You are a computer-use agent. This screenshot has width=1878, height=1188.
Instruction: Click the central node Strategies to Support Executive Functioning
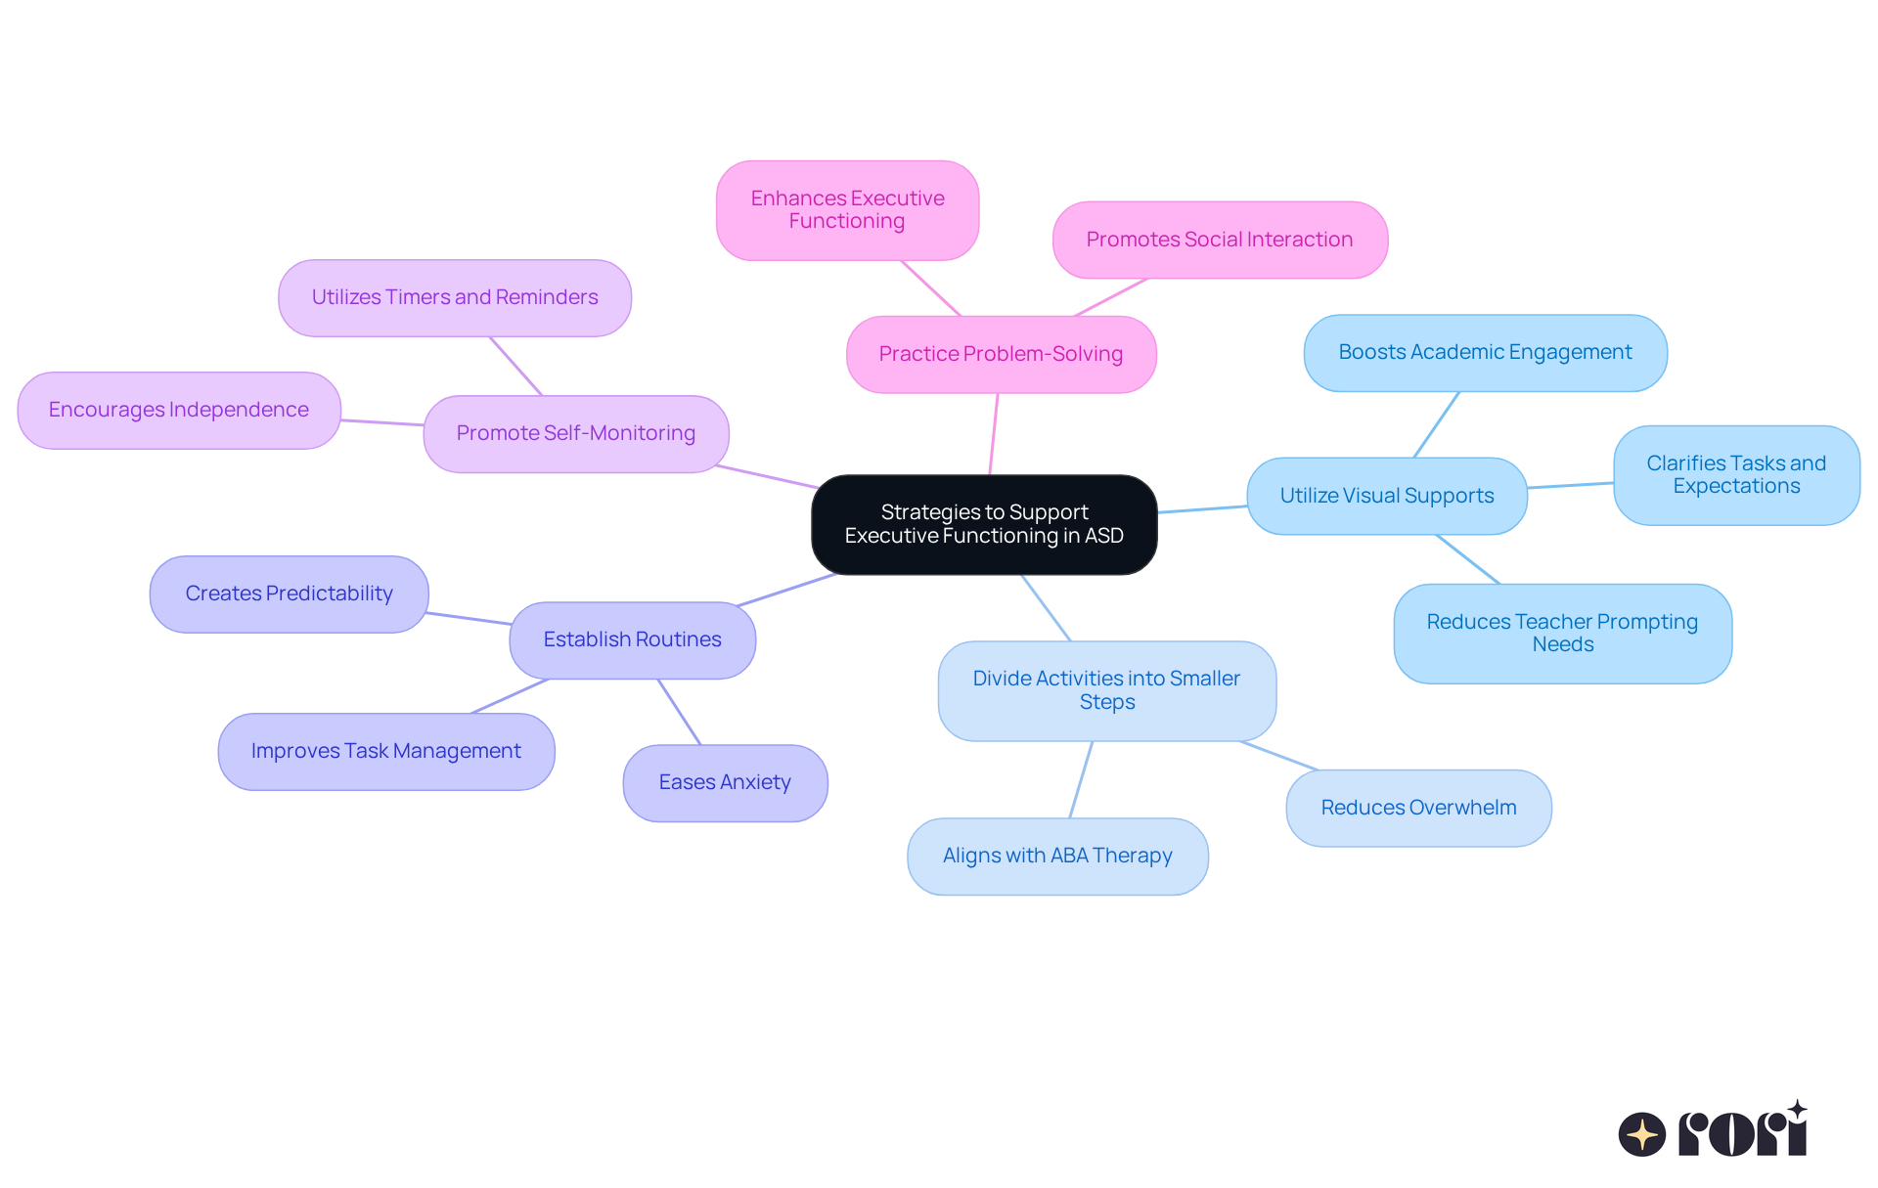point(984,524)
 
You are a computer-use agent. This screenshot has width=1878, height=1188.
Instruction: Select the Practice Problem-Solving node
point(1001,354)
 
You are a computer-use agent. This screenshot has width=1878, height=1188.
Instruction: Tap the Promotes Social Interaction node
point(1219,240)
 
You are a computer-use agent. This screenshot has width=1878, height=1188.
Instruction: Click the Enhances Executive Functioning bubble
point(847,210)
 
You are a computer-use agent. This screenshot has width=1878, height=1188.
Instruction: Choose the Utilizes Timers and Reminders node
point(455,297)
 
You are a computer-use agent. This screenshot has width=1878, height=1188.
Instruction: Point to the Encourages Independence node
point(179,410)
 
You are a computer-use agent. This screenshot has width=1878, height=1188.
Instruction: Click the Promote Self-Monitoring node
point(575,433)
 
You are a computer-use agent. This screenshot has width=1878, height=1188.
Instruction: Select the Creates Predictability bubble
point(289,594)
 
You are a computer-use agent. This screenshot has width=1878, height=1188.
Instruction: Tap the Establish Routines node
point(632,639)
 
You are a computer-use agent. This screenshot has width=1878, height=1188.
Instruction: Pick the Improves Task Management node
point(385,751)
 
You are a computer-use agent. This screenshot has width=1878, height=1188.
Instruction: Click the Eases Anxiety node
point(725,782)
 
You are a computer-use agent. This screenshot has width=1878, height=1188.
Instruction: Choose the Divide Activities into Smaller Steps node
point(1106,690)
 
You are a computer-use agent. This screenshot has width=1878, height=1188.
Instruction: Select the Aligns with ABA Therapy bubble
point(1057,856)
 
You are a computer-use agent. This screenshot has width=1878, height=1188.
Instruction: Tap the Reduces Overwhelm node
point(1418,808)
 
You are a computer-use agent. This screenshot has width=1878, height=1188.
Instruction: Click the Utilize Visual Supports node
point(1386,496)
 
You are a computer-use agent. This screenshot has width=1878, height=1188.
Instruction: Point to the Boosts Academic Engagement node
point(1485,352)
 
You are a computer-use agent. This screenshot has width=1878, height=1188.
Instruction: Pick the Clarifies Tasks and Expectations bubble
point(1736,474)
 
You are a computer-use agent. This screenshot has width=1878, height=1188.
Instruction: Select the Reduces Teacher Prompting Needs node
point(1562,633)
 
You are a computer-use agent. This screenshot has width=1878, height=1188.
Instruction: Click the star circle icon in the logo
point(1642,1134)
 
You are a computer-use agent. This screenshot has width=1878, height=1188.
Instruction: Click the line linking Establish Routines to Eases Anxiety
point(680,712)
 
